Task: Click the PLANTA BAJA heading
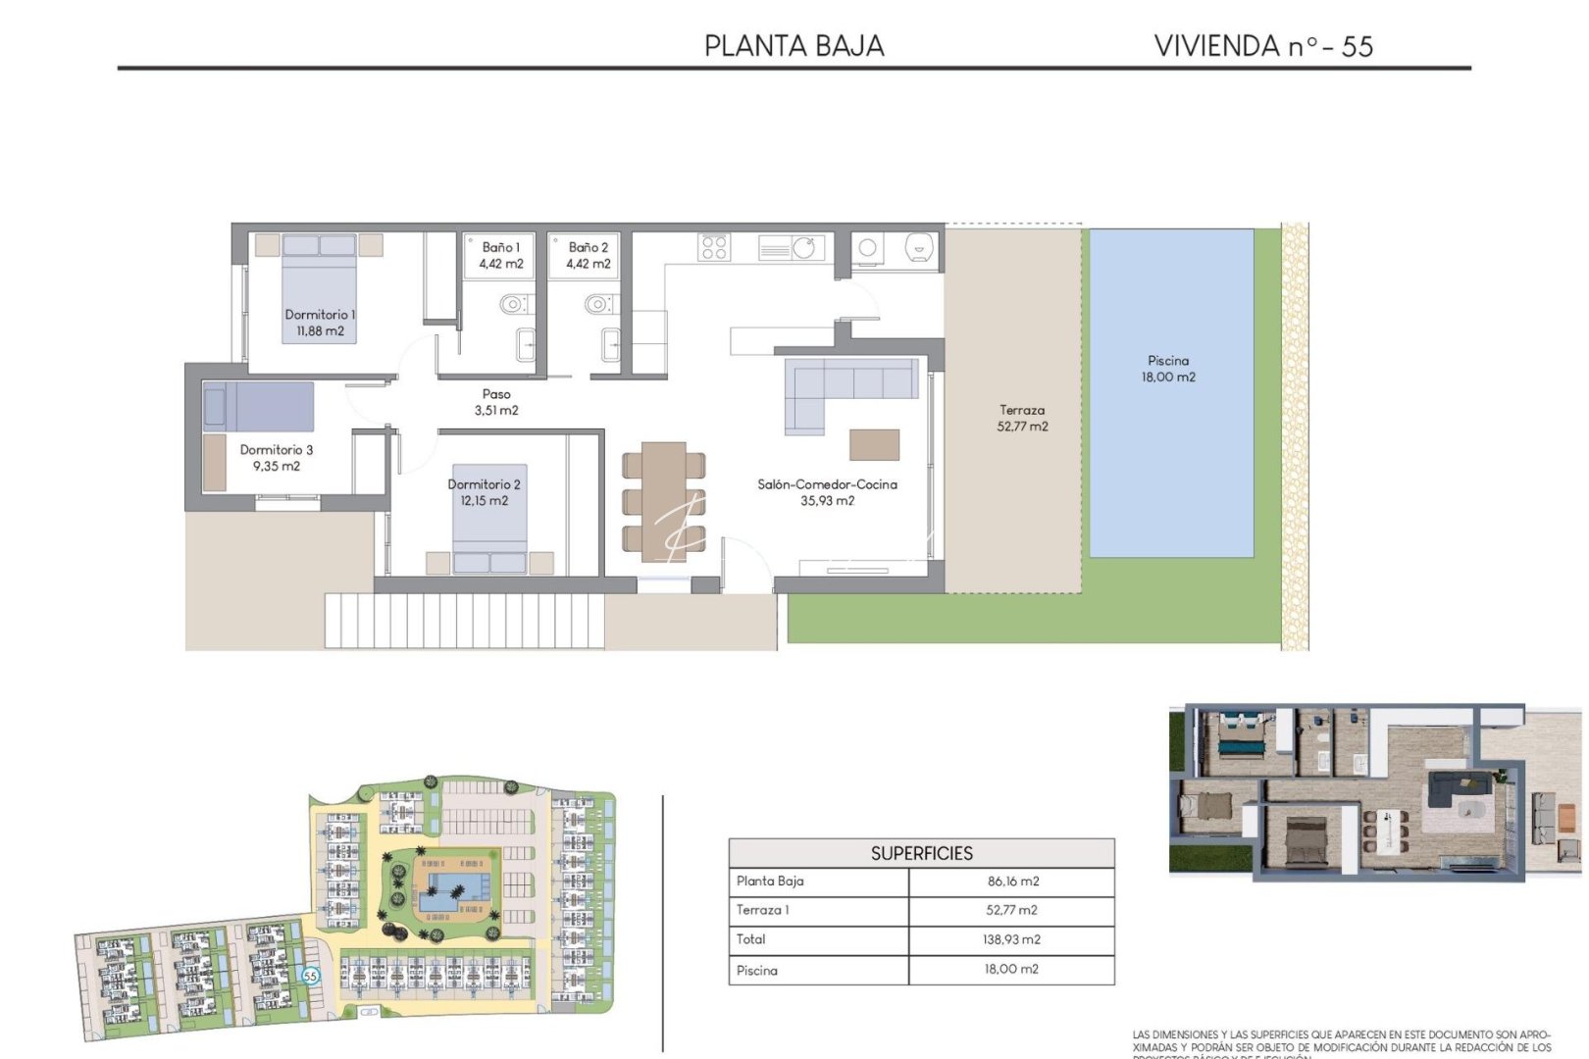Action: click(x=794, y=46)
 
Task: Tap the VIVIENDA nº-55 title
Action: click(x=1263, y=46)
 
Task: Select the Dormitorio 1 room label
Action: click(x=320, y=323)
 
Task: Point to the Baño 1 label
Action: click(x=500, y=255)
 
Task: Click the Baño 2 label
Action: click(x=588, y=255)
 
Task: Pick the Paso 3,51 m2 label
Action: click(x=496, y=402)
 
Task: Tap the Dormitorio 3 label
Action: click(x=277, y=458)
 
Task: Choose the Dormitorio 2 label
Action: click(x=484, y=492)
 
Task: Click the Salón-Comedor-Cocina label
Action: click(x=827, y=492)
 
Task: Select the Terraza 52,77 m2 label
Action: click(x=1022, y=419)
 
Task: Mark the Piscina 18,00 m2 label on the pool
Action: click(x=1168, y=369)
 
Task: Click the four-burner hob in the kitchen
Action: click(x=714, y=247)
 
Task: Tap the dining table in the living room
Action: click(x=664, y=500)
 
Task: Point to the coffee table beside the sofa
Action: click(x=874, y=444)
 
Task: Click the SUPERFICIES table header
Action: click(x=921, y=853)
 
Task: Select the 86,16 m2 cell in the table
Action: click(x=1012, y=882)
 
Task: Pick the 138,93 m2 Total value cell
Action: click(x=1012, y=939)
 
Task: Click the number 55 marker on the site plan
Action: click(x=310, y=976)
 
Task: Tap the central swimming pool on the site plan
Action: click(x=453, y=890)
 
